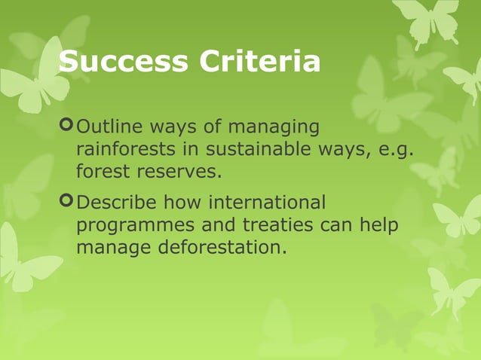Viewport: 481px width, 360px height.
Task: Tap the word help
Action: tap(379, 226)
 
